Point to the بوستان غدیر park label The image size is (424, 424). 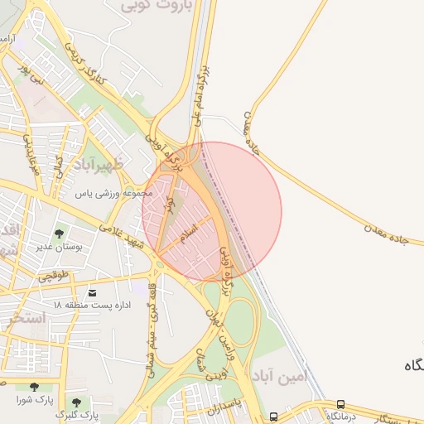[56, 247]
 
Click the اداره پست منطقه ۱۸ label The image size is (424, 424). [93, 306]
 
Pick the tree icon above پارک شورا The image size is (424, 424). [34, 387]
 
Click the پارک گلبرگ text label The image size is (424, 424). [77, 413]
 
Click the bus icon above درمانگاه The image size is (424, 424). [340, 404]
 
